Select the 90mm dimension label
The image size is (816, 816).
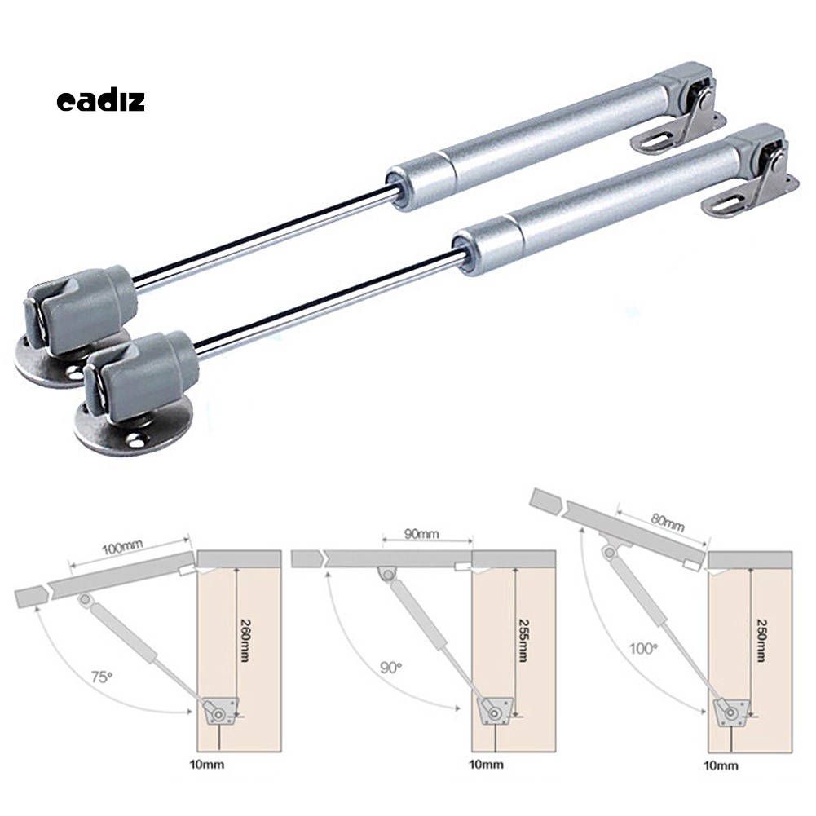pyautogui.click(x=421, y=535)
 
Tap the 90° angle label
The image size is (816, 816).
pyautogui.click(x=390, y=667)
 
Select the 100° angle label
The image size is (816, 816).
pyautogui.click(x=643, y=649)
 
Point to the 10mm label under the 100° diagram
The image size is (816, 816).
pyautogui.click(x=721, y=765)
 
